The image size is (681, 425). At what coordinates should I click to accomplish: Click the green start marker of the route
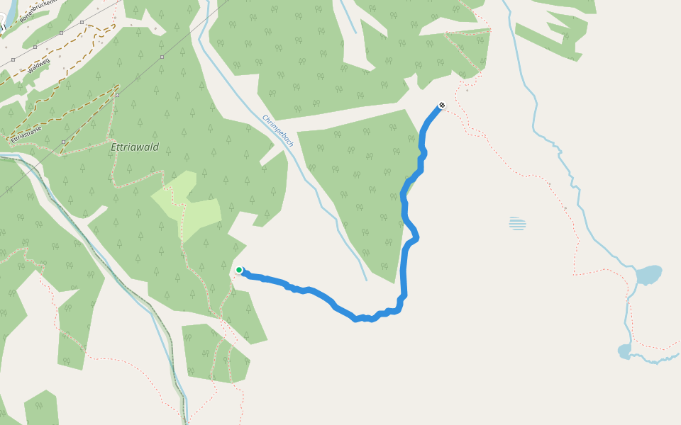[x=240, y=270]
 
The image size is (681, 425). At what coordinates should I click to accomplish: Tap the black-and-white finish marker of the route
[x=442, y=106]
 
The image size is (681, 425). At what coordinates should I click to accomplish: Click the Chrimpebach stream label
[x=278, y=131]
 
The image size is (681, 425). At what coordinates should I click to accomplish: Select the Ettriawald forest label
[x=135, y=147]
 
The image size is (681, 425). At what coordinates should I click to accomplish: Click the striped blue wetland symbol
[x=518, y=224]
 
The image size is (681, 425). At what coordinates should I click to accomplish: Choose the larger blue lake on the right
[x=648, y=274]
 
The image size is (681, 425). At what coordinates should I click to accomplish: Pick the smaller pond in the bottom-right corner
[x=624, y=350]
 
